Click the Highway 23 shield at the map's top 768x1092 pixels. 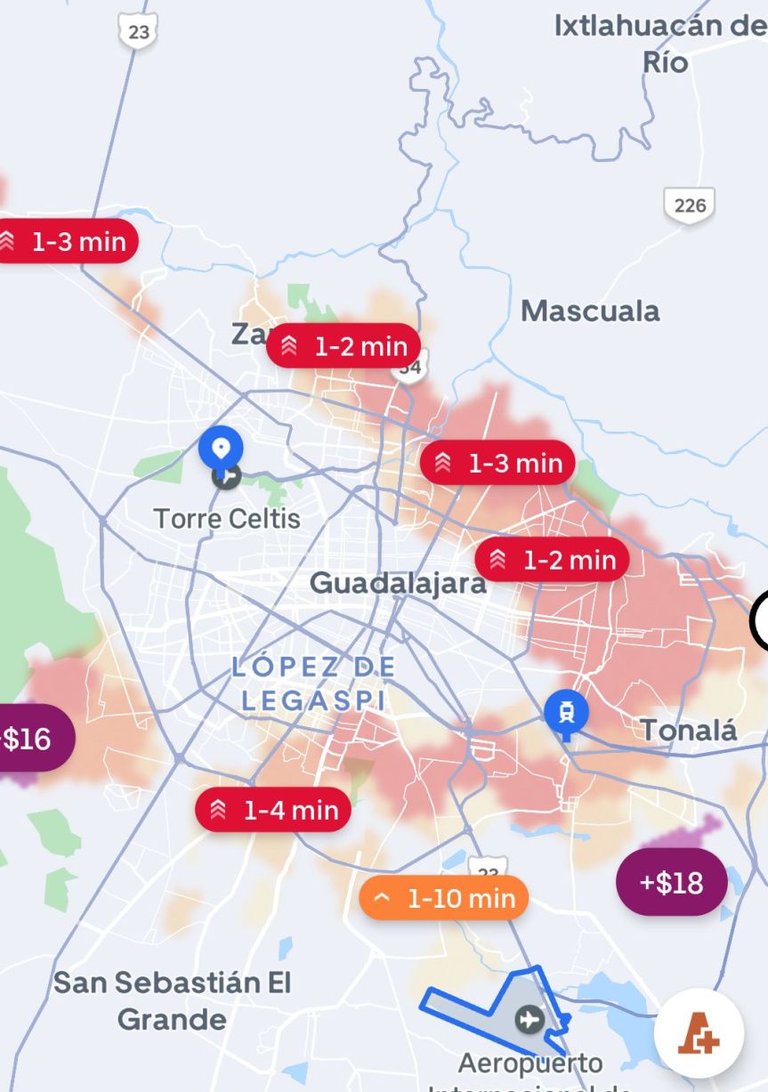139,31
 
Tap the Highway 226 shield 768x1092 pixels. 689,206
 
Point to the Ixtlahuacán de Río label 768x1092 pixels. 659,43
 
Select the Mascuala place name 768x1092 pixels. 590,311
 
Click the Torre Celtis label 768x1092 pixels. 227,518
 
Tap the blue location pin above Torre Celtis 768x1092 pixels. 221,449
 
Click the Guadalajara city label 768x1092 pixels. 398,583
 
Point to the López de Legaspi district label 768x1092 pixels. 313,683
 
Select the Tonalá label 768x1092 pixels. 689,731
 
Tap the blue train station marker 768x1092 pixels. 567,713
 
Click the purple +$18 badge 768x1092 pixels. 671,883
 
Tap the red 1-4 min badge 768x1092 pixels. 273,810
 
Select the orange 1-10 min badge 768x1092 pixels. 444,898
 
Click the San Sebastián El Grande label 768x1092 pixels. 173,1000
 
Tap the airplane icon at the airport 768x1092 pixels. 530,1018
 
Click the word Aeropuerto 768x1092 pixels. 530,1063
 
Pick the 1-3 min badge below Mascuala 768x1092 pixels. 497,463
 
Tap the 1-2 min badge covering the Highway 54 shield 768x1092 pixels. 343,346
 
